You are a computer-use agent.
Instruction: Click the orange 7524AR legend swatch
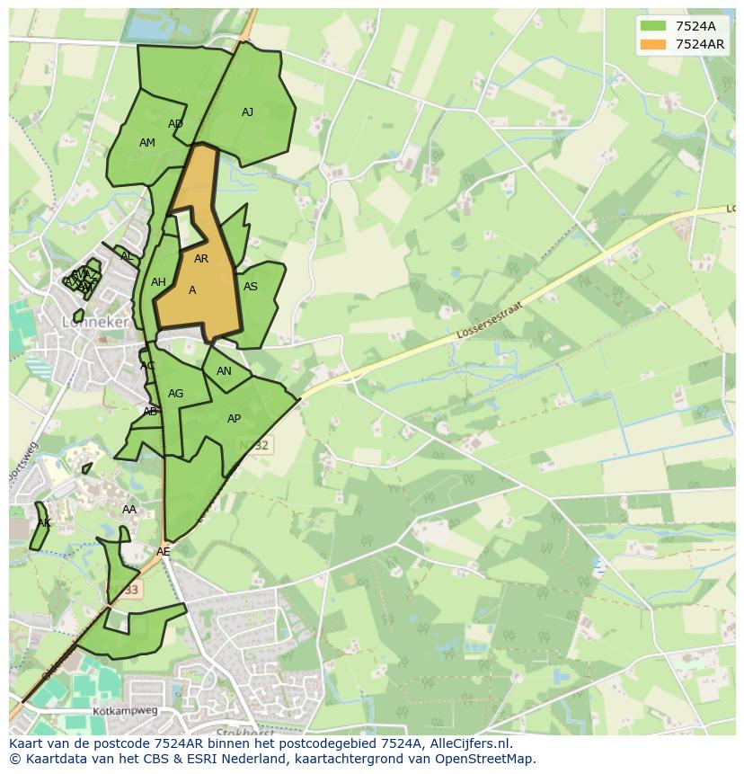point(653,44)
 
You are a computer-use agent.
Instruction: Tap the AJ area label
point(247,112)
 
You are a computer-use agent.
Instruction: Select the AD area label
point(175,124)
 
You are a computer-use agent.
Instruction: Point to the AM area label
point(147,143)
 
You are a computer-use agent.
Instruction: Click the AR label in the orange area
point(201,259)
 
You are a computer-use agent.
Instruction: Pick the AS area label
point(251,287)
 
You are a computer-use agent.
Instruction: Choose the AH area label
point(158,282)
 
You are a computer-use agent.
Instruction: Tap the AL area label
point(127,257)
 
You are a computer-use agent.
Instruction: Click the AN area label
point(224,371)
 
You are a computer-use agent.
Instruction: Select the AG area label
point(175,394)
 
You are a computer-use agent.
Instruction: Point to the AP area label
point(234,419)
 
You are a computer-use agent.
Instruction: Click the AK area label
point(44,523)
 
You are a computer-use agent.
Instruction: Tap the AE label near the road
point(163,552)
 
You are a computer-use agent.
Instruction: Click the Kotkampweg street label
point(125,711)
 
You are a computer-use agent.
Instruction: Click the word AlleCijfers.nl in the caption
point(470,743)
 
